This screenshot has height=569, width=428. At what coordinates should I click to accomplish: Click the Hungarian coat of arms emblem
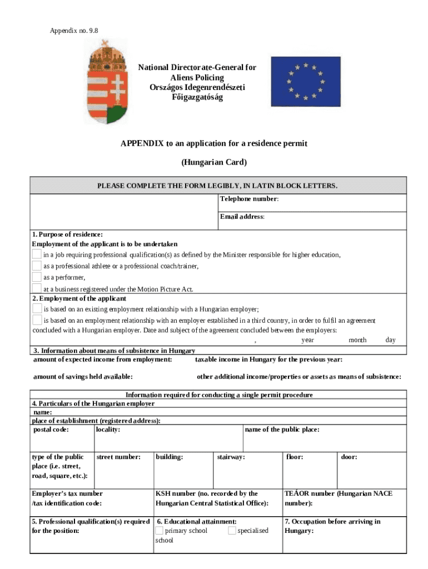pyautogui.click(x=107, y=82)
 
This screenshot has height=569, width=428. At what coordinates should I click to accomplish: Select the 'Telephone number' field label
pyautogui.click(x=249, y=199)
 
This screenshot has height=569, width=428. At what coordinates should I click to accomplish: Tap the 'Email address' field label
pyautogui.click(x=242, y=217)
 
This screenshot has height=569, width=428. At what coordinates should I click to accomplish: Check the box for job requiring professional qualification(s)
pyautogui.click(x=37, y=254)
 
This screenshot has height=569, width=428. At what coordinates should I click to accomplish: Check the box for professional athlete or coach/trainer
pyautogui.click(x=37, y=266)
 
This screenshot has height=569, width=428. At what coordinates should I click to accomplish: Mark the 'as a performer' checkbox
pyautogui.click(x=37, y=277)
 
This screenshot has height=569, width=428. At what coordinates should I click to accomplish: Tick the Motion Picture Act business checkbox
pyautogui.click(x=37, y=288)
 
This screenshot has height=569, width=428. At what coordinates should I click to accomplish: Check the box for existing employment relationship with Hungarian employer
pyautogui.click(x=37, y=308)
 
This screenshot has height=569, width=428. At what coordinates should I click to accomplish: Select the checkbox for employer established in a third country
pyautogui.click(x=37, y=320)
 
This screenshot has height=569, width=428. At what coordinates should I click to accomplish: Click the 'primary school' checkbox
pyautogui.click(x=159, y=531)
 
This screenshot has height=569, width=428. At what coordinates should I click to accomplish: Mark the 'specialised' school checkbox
pyautogui.click(x=232, y=531)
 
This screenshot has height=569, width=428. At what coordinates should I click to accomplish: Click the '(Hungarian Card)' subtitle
pyautogui.click(x=214, y=162)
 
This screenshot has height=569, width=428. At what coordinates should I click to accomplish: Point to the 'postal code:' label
pyautogui.click(x=52, y=430)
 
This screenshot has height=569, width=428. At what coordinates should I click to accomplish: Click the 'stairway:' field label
pyautogui.click(x=231, y=457)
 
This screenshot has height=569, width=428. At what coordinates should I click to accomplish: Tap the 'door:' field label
pyautogui.click(x=349, y=457)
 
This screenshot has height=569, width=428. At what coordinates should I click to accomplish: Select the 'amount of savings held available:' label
pyautogui.click(x=83, y=377)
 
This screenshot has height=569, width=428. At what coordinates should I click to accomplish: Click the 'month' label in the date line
pyautogui.click(x=357, y=340)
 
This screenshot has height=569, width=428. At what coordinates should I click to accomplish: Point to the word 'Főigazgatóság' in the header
pyautogui.click(x=197, y=98)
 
